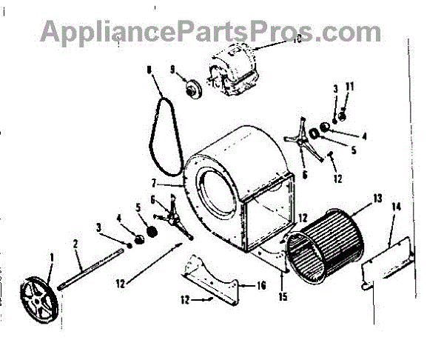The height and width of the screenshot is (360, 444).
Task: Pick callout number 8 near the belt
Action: [149, 70]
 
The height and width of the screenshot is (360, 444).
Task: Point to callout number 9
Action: [172, 70]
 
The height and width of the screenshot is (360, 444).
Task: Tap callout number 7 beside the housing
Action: [175, 182]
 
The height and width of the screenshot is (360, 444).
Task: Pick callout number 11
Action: [351, 87]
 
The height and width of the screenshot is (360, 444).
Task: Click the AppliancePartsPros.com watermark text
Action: [210, 31]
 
